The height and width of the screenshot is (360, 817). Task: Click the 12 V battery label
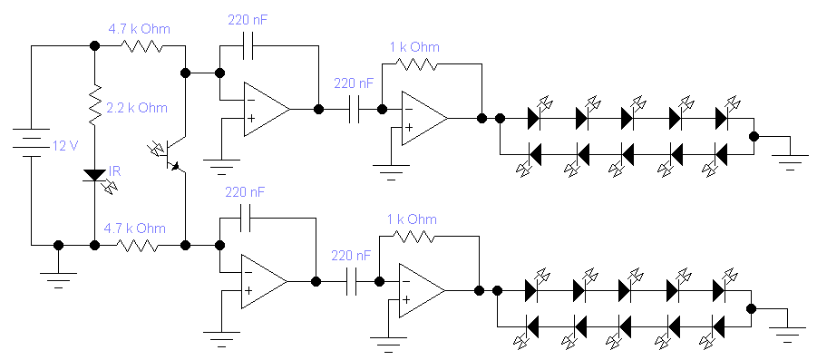[x=65, y=146]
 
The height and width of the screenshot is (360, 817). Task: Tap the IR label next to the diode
[x=114, y=171]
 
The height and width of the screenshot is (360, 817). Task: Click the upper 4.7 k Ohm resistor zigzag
[x=142, y=46]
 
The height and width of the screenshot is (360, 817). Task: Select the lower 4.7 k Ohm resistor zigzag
[x=138, y=245]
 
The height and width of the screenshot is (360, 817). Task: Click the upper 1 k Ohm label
[x=414, y=47]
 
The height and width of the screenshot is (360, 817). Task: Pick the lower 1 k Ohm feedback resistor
[x=413, y=237]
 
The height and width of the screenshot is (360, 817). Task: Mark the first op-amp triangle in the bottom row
[x=264, y=282]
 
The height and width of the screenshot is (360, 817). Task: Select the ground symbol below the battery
[x=58, y=278]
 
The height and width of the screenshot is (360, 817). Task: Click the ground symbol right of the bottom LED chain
[x=787, y=333]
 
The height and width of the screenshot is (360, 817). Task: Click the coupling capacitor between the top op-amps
[x=354, y=110]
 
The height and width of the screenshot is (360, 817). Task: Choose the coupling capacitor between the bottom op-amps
[x=352, y=282]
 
